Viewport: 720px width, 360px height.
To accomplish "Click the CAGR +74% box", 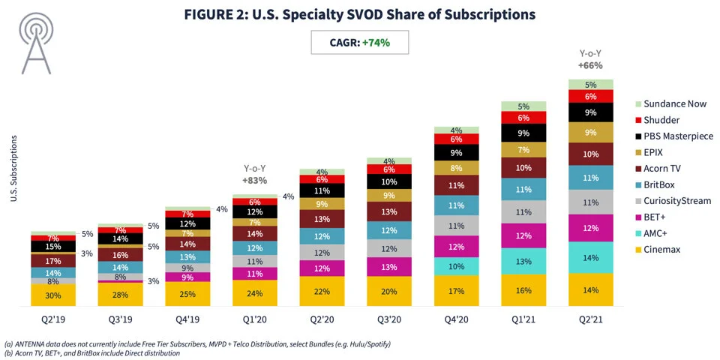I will (360, 43).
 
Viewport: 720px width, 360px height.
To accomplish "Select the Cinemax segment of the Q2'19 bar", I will (52, 295).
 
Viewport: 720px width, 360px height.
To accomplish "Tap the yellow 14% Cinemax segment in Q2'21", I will (590, 289).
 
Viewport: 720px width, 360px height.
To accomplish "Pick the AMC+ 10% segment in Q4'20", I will (456, 266).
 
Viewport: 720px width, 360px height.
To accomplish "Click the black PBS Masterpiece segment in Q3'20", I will (388, 182).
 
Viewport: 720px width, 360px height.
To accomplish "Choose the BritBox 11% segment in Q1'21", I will (523, 189).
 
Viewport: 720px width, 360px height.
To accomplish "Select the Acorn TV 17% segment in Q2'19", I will (52, 260).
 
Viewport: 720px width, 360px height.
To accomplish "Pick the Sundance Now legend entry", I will (674, 102).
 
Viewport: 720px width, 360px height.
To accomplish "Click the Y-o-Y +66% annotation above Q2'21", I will (590, 59).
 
